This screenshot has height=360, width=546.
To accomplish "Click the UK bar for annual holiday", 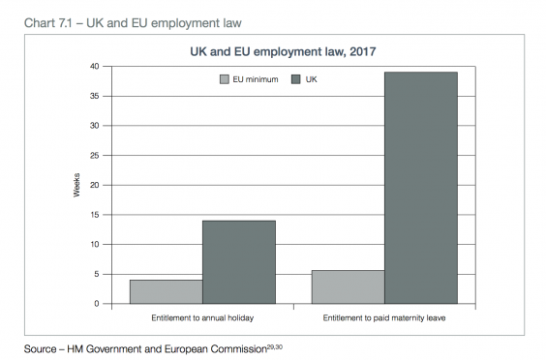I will tap(238, 262).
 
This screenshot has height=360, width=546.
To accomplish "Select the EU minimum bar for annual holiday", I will tap(166, 291).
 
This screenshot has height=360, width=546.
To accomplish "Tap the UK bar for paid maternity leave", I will tap(421, 188).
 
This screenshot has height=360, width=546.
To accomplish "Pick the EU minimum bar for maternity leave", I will tap(348, 286).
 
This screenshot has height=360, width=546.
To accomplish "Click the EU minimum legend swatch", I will tap(225, 78).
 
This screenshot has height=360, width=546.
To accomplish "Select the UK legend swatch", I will tap(296, 78).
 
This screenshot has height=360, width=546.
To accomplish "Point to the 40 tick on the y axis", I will tap(94, 66).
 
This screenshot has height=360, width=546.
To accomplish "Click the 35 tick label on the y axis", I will tap(94, 96).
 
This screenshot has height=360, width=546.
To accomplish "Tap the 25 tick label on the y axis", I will tap(94, 155).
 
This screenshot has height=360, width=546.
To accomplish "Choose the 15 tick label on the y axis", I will tap(94, 215).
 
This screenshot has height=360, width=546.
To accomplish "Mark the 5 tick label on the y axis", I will tap(97, 274).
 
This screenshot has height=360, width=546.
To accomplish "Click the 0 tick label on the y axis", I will tap(97, 304).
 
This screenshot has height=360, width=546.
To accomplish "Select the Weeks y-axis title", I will tap(76, 185).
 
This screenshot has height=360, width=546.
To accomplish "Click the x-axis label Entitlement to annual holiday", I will tap(201, 317).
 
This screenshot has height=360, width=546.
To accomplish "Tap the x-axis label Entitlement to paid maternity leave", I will tap(384, 317).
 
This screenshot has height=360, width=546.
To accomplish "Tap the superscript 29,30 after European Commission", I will tap(276, 345).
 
